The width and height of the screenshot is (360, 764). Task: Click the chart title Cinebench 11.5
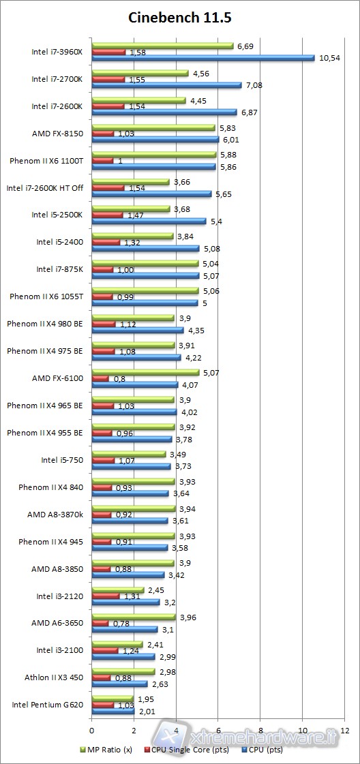[x=180, y=18]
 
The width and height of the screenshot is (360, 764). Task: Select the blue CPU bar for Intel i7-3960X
[x=203, y=59]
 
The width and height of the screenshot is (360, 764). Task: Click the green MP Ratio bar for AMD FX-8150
[x=153, y=127]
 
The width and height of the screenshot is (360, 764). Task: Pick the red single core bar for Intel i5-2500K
[x=108, y=215]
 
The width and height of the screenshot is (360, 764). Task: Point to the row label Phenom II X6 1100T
[x=46, y=161]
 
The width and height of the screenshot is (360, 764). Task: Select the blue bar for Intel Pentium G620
[x=113, y=712]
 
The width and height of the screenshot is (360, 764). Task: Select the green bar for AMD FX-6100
[x=145, y=371]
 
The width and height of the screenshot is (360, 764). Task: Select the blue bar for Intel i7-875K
[x=145, y=276]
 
